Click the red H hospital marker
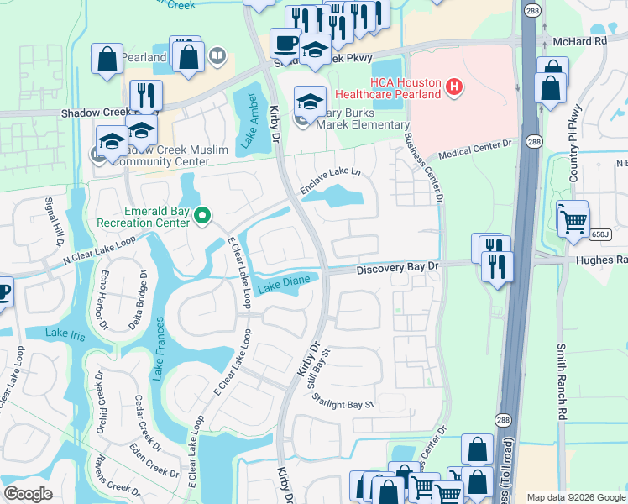tap(454, 86)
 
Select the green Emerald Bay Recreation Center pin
tap(201, 217)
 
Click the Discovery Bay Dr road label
tap(397, 268)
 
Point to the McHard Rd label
tap(579, 40)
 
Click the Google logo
tap(29, 493)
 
